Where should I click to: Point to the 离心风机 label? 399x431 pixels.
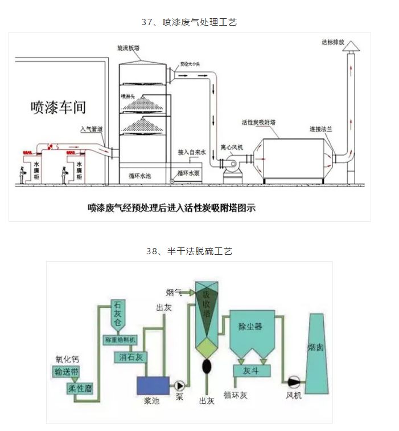pos(232,146)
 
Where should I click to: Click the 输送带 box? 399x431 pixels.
pos(67,372)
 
